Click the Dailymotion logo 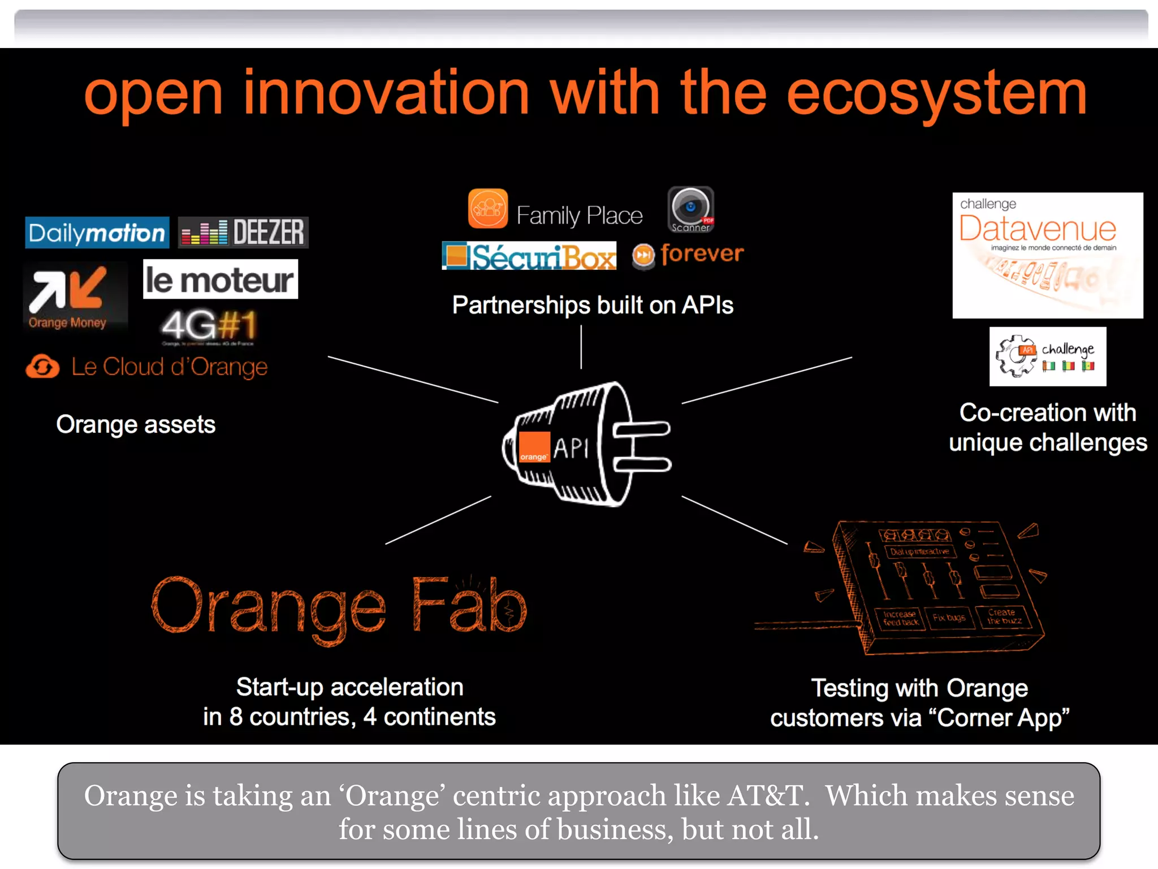(97, 233)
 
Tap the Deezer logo (243, 232)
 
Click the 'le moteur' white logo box (220, 279)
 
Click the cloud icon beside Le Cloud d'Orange (42, 367)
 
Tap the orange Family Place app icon (487, 209)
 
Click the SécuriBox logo (529, 256)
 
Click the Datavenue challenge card (1047, 255)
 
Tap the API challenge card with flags (1047, 356)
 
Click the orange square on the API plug (534, 448)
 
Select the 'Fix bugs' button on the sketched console (949, 618)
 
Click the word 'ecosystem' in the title (936, 93)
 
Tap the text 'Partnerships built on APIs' (592, 306)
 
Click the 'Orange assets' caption (136, 424)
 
